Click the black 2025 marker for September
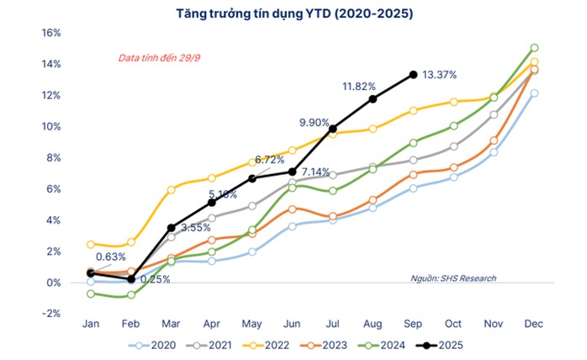coord(413,75)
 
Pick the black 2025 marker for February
coord(131,278)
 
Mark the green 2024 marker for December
coord(534,48)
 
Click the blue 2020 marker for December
coord(534,93)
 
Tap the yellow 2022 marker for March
coord(171,190)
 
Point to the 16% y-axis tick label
coord(51,33)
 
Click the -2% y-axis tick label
coord(51,313)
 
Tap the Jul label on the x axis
coord(332,324)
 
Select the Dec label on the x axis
coord(534,324)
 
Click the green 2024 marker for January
coord(91,294)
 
